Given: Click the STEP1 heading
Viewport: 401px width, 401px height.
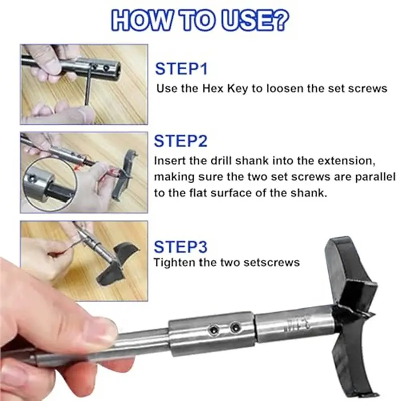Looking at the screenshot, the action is (x=181, y=69).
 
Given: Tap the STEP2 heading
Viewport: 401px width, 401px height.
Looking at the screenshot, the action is (x=180, y=141).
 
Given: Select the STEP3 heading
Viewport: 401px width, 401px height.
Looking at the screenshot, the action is (x=180, y=247).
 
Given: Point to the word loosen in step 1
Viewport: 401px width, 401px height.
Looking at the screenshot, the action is (x=285, y=89).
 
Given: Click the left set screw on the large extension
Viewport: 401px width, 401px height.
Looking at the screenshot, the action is (x=214, y=330).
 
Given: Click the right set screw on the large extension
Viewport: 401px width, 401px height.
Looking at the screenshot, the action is (x=235, y=327).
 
